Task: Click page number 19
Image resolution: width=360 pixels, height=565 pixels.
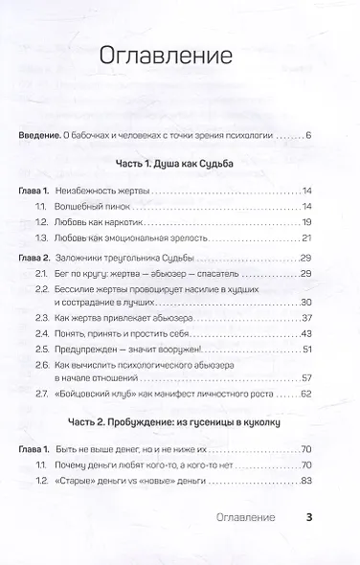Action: (306, 222)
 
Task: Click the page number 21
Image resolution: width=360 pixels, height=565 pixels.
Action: (306, 237)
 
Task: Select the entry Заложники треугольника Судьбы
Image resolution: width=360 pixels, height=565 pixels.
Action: (147, 260)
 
